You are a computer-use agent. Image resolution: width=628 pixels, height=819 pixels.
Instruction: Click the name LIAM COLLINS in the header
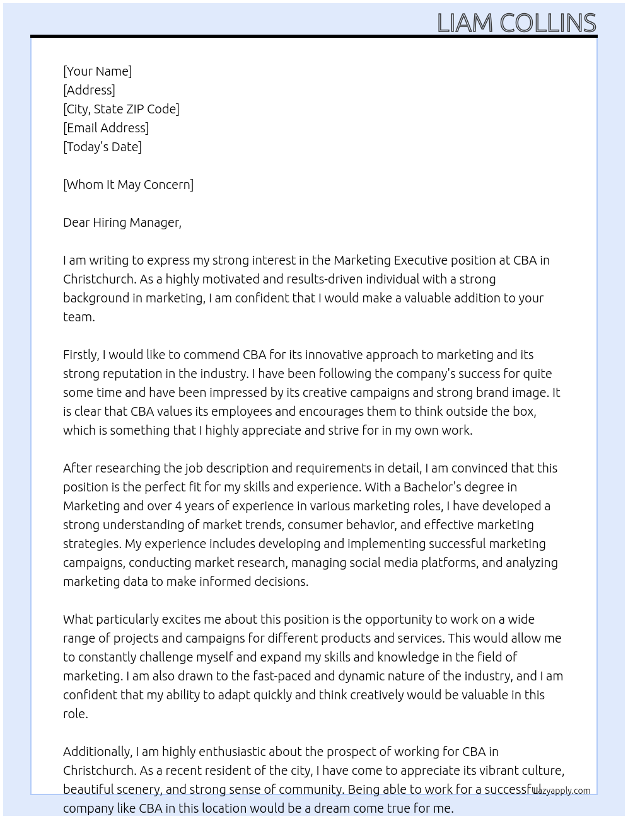pyautogui.click(x=516, y=23)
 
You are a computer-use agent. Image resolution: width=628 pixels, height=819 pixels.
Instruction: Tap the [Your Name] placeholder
pyautogui.click(x=97, y=71)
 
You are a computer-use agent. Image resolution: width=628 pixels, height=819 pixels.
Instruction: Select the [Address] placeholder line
pyautogui.click(x=89, y=90)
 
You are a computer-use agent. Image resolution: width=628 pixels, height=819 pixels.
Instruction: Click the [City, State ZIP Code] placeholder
pyautogui.click(x=121, y=109)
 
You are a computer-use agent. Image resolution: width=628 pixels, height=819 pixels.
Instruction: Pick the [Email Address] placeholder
pyautogui.click(x=106, y=128)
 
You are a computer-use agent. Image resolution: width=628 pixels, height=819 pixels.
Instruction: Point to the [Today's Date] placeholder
pyautogui.click(x=102, y=147)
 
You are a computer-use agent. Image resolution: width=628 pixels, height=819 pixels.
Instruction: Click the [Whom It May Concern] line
pyautogui.click(x=128, y=185)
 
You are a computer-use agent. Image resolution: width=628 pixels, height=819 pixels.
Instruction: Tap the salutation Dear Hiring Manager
pyautogui.click(x=122, y=222)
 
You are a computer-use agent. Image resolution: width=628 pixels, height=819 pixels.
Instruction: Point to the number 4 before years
pyautogui.click(x=178, y=506)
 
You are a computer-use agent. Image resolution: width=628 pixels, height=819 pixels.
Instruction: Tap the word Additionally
pyautogui.click(x=98, y=752)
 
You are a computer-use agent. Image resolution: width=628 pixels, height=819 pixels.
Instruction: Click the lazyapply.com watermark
pyautogui.click(x=561, y=791)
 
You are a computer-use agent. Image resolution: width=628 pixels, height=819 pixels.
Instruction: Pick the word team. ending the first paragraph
pyautogui.click(x=79, y=317)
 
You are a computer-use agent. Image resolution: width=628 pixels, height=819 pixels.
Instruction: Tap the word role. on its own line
pyautogui.click(x=75, y=714)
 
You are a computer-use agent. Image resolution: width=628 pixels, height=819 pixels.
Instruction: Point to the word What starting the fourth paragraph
pyautogui.click(x=78, y=619)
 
